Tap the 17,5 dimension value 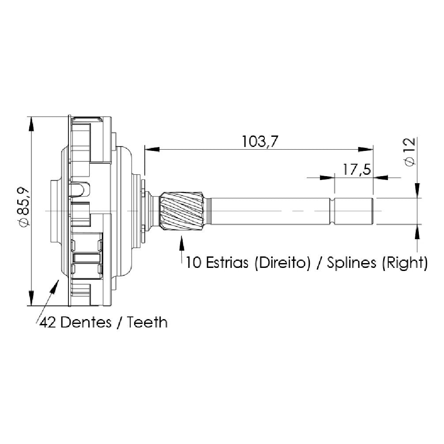pyautogui.click(x=357, y=169)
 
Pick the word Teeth pyautogui.click(x=147, y=322)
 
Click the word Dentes pyautogui.click(x=86, y=322)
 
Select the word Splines pyautogui.click(x=352, y=263)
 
